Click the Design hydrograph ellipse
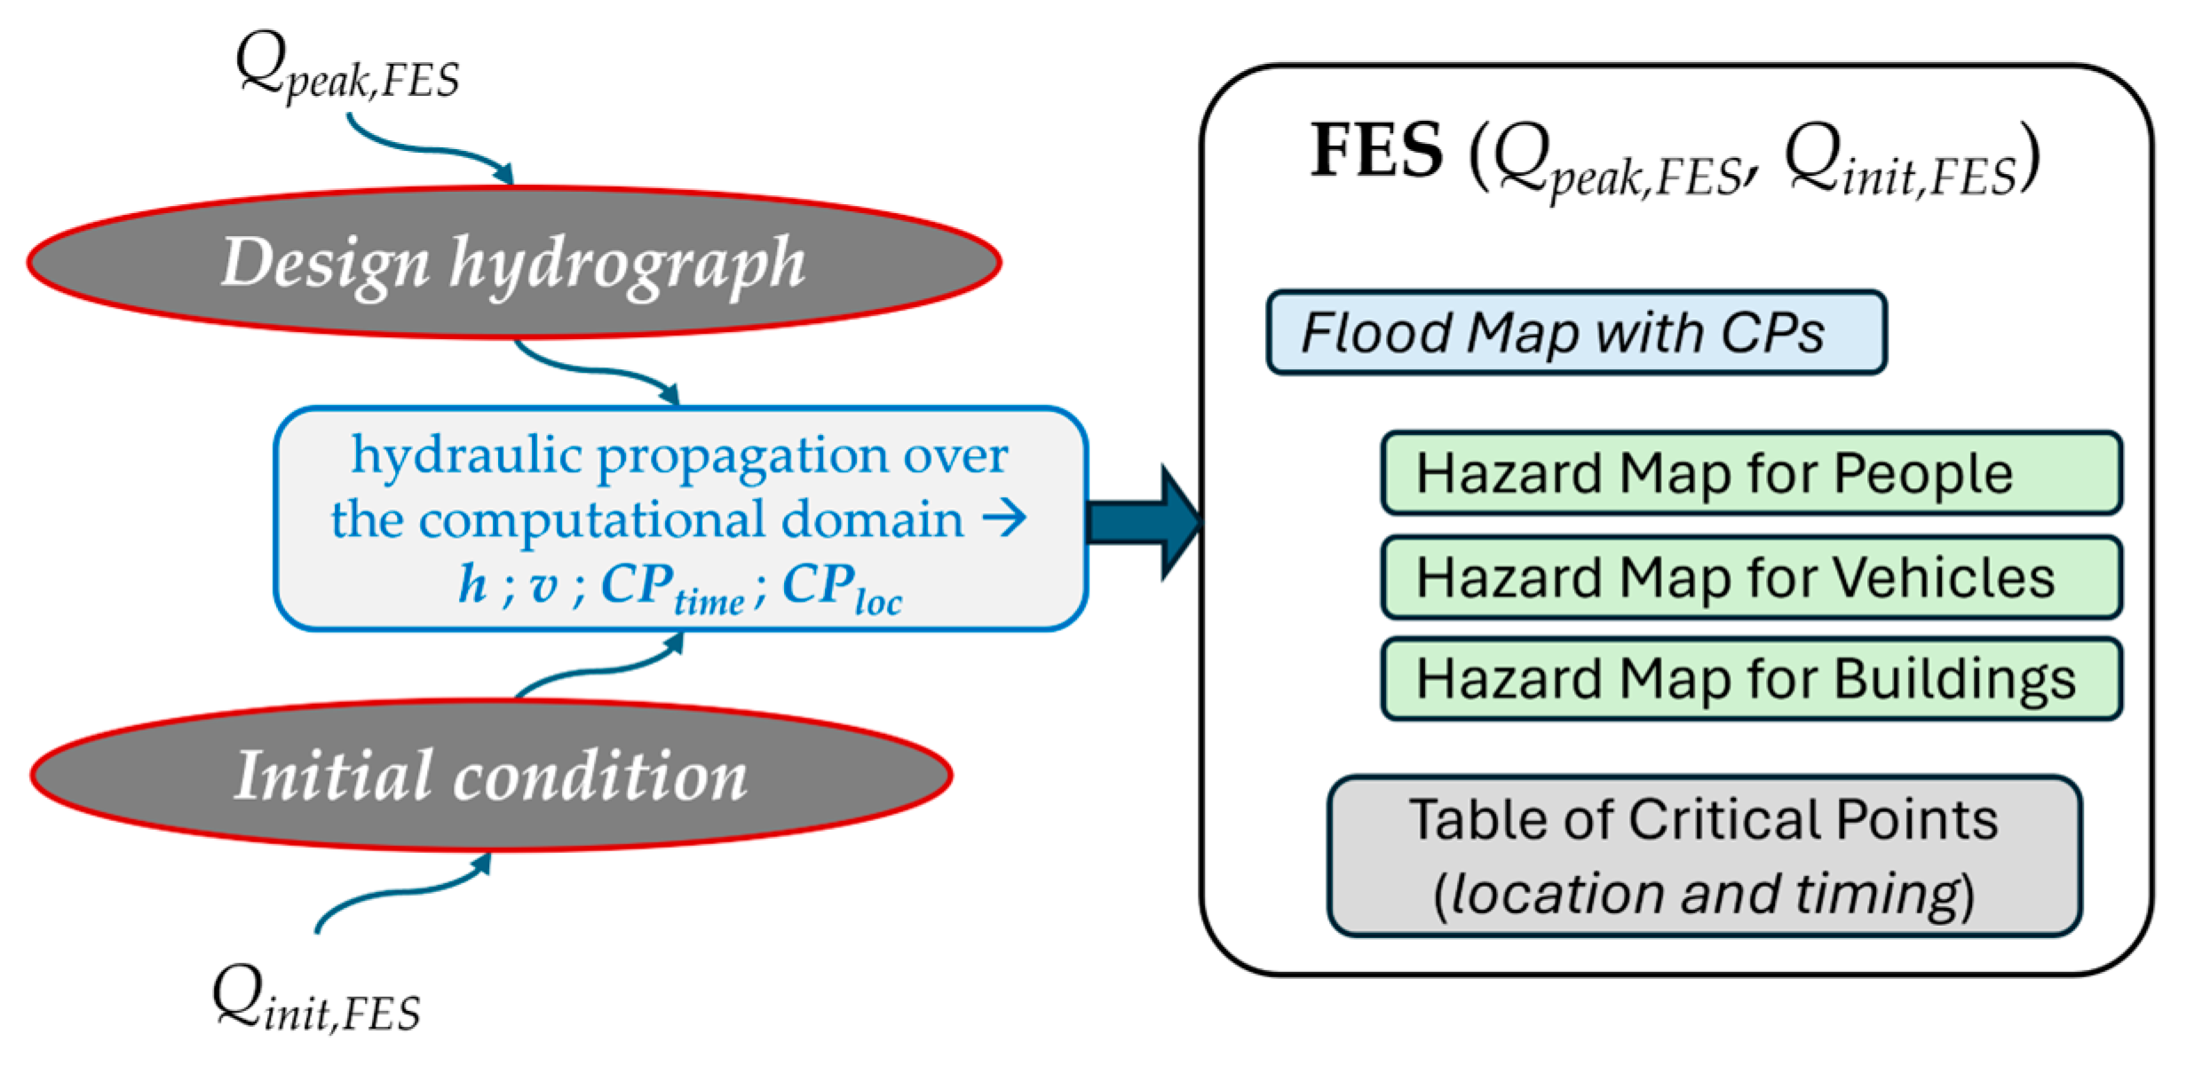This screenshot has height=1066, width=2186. click(x=514, y=263)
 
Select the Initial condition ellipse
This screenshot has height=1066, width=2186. click(x=491, y=776)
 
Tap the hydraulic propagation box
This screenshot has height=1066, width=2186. click(x=680, y=519)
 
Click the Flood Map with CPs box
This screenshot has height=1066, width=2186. click(x=1576, y=333)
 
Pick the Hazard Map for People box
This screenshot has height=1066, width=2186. click(x=1751, y=473)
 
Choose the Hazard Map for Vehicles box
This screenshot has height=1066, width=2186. click(x=1751, y=578)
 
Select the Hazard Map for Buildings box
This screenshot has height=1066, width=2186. click(x=1751, y=679)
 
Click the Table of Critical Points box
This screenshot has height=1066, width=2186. click(x=1704, y=856)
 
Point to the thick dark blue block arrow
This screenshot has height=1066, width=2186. click(x=1145, y=522)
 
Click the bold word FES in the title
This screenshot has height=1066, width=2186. click(x=1377, y=151)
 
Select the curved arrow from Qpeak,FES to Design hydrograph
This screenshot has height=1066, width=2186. click(x=426, y=146)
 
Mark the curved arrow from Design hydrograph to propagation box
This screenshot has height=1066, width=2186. click(x=595, y=368)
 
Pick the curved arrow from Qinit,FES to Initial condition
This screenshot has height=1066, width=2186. click(x=400, y=892)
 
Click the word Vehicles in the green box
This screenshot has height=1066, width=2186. click(x=1944, y=578)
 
